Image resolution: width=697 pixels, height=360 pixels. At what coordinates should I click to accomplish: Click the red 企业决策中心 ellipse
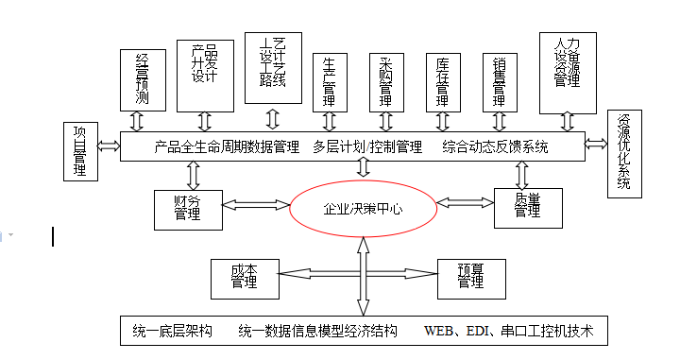363,208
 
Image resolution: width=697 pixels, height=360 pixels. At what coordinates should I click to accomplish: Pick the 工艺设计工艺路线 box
272,68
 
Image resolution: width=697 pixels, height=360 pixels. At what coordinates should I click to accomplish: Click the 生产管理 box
328,80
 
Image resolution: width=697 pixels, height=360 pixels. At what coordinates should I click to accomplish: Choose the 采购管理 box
385,80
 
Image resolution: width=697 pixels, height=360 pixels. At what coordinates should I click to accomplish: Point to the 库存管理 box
442,80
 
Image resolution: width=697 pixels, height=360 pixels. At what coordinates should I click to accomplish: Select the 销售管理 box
499,80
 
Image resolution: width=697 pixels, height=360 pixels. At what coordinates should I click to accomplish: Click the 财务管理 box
187,209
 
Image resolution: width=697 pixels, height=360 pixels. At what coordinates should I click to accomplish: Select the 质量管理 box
527,207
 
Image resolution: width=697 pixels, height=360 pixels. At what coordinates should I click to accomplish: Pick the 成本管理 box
244,278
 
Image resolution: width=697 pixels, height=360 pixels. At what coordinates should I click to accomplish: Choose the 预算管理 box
470,277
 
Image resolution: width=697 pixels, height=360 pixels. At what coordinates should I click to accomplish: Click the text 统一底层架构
173,332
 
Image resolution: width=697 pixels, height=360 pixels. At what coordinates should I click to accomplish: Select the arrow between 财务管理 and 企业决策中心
255,202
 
